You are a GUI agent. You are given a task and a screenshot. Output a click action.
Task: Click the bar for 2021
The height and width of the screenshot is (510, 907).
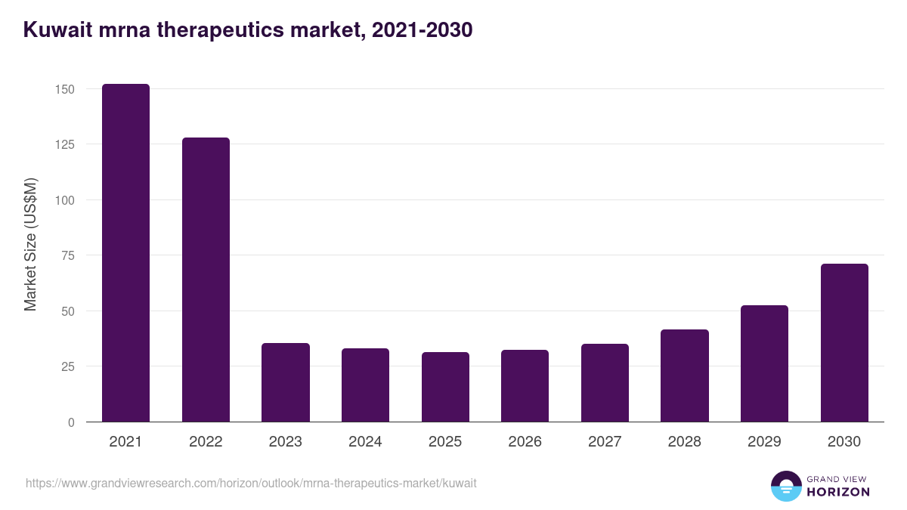pos(125,253)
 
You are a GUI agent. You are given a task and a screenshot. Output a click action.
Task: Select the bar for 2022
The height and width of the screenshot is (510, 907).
pos(206,280)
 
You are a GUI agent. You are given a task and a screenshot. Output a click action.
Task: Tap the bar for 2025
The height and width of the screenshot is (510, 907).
pos(445,387)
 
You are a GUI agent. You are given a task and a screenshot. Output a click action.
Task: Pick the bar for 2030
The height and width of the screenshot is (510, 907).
pos(844,343)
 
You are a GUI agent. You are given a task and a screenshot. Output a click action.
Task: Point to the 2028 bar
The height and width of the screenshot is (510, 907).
pos(685,376)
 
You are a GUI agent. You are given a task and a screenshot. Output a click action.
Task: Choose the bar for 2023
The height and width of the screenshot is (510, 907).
pos(286,382)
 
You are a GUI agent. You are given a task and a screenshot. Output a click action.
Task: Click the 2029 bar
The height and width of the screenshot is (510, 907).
pos(764,363)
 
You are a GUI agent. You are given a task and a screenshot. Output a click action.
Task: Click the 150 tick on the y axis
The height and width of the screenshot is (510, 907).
pos(65,89)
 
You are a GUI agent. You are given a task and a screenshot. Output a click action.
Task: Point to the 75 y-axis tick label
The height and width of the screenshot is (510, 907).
pos(68,255)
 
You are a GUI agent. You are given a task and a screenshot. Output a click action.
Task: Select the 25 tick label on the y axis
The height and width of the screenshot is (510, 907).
pos(68,366)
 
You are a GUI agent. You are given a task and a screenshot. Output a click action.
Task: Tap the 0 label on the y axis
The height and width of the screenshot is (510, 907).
pos(71,422)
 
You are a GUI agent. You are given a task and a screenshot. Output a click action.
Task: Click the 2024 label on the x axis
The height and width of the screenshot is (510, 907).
pos(365,442)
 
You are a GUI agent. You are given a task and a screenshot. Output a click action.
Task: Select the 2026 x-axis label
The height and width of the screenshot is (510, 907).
pos(525,442)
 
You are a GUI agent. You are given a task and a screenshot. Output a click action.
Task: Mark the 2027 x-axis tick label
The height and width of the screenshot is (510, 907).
pos(605,442)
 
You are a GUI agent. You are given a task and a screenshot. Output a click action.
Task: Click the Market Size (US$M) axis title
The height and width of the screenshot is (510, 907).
pos(30,244)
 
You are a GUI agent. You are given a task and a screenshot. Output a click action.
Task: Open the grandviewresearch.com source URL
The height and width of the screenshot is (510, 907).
pos(251,483)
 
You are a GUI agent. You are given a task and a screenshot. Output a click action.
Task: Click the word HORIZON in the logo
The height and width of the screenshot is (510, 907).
pos(838,492)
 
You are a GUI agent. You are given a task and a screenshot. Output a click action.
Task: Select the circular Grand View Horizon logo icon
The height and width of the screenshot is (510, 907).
pos(785,486)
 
